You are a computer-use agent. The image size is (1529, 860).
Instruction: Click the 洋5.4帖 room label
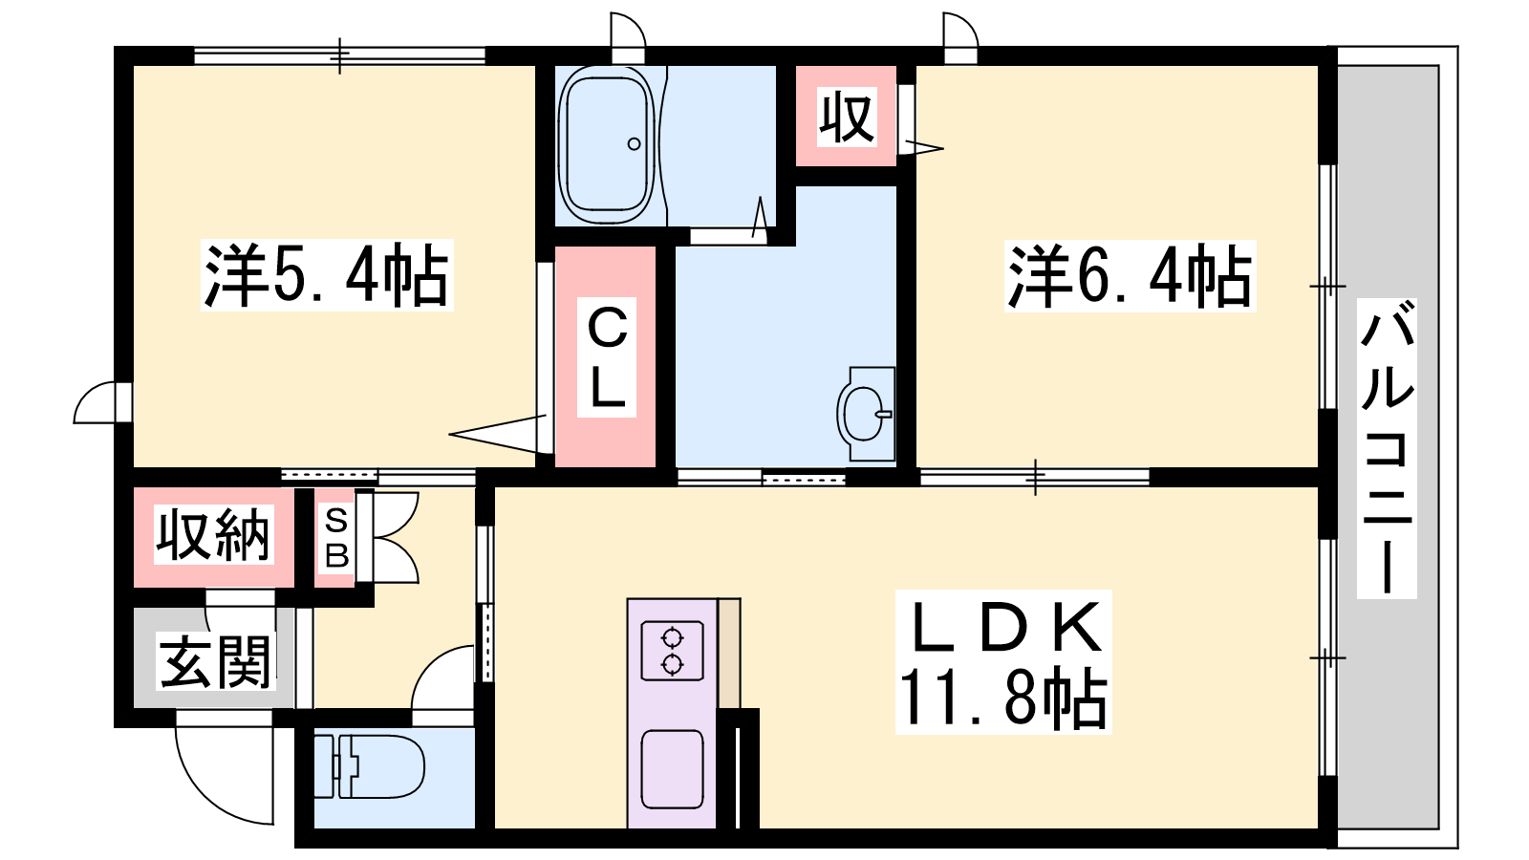coord(327,275)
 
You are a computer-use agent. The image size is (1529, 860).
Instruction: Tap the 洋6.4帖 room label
coord(1130,276)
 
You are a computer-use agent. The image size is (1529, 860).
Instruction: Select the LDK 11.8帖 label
coord(1003,662)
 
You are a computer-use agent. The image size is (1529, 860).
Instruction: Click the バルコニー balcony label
coord(1387,448)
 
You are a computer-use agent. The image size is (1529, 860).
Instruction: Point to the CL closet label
coord(607,357)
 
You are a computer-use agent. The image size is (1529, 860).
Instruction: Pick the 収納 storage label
coord(214,534)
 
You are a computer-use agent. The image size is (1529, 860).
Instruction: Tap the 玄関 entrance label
coord(216,661)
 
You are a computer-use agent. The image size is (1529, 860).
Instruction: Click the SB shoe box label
coord(336,539)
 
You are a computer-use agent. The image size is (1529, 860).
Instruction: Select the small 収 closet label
coord(847,118)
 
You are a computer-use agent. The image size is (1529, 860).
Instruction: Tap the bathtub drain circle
coord(635,144)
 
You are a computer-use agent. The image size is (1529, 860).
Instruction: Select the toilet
coord(369,765)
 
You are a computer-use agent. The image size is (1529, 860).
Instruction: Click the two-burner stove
coord(673,651)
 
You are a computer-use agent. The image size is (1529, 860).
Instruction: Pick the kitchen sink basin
coord(673,769)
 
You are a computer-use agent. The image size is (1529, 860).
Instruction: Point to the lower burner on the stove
coord(673,664)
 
